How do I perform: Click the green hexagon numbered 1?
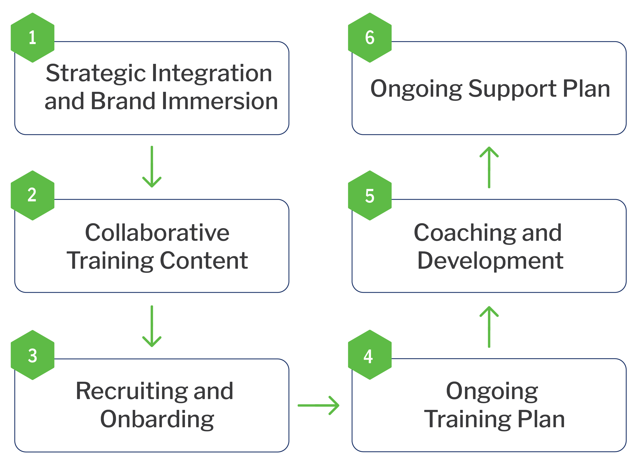pos(33,38)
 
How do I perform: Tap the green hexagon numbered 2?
pos(33,195)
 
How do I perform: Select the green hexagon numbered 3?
pos(33,355)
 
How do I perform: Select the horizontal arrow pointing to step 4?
pos(318,405)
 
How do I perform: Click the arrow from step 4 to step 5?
pos(489,327)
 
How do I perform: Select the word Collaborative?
pos(157,233)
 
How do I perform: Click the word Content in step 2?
pos(204,261)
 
